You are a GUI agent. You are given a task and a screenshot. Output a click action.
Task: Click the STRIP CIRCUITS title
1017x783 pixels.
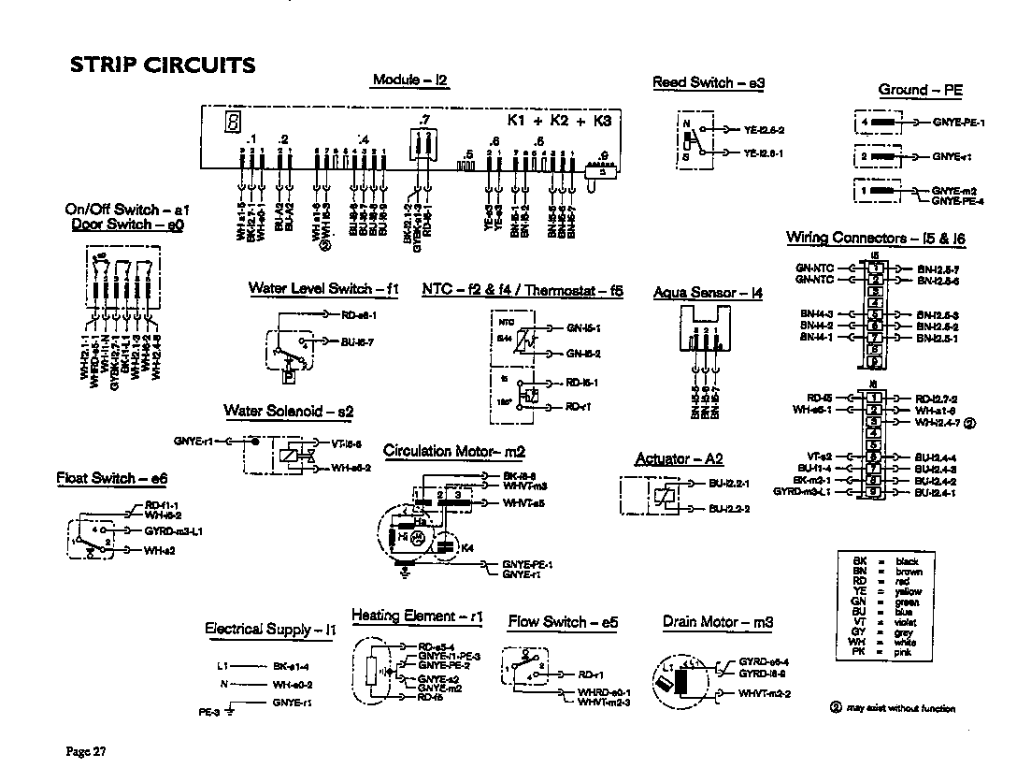[163, 65]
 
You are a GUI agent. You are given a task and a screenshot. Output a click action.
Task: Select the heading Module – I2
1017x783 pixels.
[410, 80]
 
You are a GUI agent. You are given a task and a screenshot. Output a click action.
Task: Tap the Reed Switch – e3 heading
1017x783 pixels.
[709, 83]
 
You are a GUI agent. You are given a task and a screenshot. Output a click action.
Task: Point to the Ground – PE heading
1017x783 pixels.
[920, 90]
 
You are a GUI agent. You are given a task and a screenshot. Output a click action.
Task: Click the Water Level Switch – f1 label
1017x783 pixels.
[323, 288]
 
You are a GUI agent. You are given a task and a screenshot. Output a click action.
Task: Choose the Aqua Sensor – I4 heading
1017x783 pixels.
[708, 293]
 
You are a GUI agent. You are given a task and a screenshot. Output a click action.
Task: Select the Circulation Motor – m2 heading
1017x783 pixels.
[454, 452]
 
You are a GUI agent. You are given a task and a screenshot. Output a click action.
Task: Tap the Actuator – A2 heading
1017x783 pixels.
[679, 459]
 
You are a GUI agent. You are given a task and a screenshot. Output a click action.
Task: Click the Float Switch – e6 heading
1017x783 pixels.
[111, 479]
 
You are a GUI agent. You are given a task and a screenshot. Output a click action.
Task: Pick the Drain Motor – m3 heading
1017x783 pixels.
[717, 622]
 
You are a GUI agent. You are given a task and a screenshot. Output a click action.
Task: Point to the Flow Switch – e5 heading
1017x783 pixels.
[563, 622]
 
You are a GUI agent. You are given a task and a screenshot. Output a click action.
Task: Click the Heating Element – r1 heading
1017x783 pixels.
[417, 616]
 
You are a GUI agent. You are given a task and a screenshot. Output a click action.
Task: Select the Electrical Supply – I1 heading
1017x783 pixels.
[270, 629]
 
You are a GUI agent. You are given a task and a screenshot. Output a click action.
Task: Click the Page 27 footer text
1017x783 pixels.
[85, 751]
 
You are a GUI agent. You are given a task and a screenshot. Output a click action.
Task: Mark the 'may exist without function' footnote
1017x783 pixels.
[893, 708]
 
